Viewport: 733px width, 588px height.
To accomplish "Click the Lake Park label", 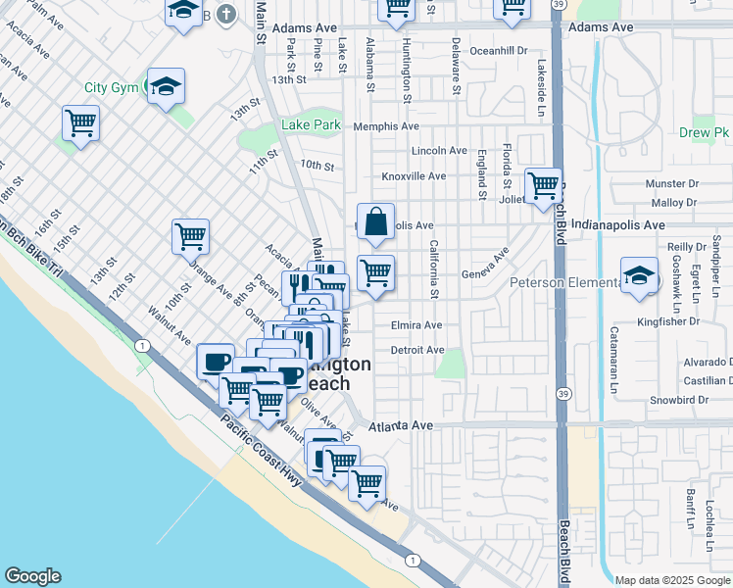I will pos(311,124).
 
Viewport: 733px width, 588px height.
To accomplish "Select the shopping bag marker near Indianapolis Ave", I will pos(375,223).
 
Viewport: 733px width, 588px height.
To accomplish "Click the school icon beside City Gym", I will pos(166,86).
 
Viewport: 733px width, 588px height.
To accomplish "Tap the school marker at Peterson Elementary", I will pos(639,276).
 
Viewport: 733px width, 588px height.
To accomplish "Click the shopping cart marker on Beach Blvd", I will pos(542,184).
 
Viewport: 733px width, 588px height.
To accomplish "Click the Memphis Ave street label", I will pos(385,126).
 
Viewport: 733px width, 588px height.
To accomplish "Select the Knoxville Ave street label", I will pos(414,176).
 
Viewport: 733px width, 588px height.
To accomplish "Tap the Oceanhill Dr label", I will pos(499,49).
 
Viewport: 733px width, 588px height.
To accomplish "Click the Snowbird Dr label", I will pos(678,400).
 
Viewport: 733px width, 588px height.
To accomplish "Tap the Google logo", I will pos(31,576).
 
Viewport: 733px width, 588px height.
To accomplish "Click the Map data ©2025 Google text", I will pos(671,580).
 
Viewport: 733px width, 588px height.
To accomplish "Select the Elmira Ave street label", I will pos(416,325).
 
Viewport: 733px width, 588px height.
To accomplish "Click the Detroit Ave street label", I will pos(417,350).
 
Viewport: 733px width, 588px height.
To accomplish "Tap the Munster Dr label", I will pos(671,183).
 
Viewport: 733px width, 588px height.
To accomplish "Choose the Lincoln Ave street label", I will pos(439,151).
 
